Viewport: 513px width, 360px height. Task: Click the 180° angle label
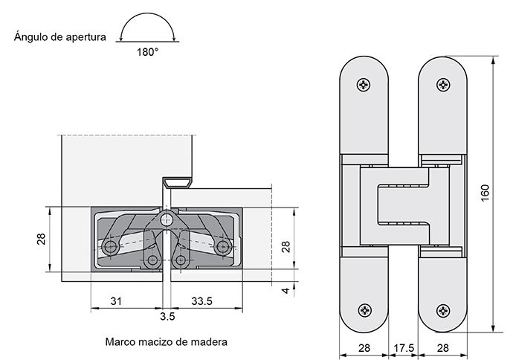pos(146,52)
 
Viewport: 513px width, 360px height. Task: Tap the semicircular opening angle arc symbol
pos(146,30)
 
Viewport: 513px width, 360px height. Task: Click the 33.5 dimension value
pos(201,301)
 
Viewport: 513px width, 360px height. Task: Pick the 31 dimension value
pos(116,301)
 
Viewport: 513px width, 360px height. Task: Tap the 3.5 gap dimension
pos(167,316)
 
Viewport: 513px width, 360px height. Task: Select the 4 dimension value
pos(285,289)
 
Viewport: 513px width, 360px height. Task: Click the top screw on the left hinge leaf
pos(364,86)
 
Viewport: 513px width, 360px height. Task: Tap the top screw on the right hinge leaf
pos(444,86)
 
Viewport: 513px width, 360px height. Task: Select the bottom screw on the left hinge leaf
pos(364,309)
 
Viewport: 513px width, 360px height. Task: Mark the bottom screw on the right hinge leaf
pos(444,309)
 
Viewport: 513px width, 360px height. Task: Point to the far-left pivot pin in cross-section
pos(111,246)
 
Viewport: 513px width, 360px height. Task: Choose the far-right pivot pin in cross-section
pos(222,246)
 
